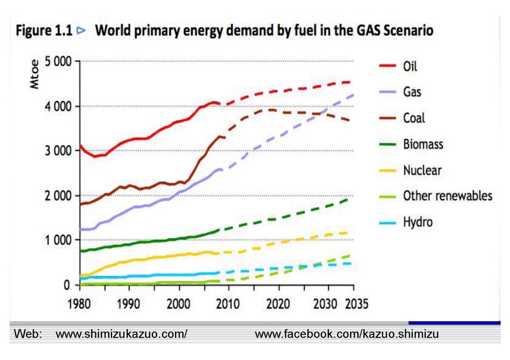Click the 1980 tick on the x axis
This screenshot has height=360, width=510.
coord(79,304)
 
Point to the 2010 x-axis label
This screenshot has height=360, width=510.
coord(228,304)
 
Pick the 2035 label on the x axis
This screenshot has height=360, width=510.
coord(357,304)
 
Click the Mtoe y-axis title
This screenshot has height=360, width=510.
coord(34,74)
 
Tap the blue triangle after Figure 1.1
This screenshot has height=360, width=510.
coord(81,31)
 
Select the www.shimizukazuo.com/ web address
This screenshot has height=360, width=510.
coord(121,334)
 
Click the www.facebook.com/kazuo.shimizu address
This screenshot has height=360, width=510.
coord(347,334)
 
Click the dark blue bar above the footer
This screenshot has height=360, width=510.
coord(454,323)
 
